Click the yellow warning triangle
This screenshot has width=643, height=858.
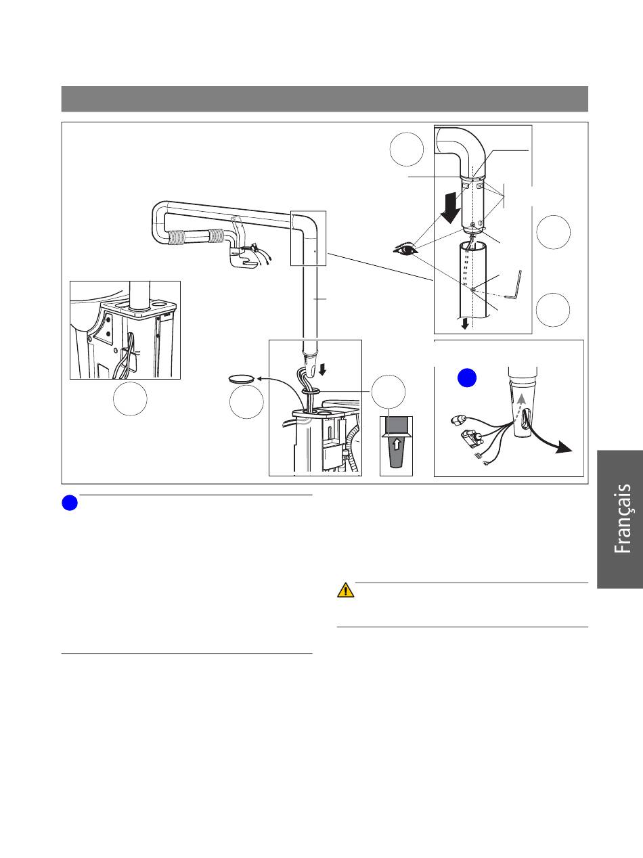tap(346, 590)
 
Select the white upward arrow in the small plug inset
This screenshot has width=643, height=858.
tap(396, 445)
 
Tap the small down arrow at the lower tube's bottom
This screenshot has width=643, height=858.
tap(465, 325)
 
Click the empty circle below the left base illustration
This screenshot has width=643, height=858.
tap(131, 400)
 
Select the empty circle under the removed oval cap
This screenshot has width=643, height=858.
tap(246, 403)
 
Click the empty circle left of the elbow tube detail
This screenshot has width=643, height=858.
tap(407, 149)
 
